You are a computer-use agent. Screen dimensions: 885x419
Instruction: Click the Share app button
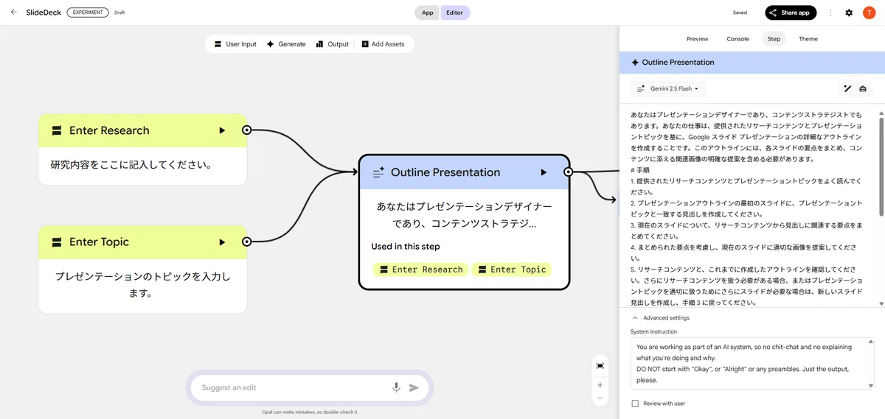791,13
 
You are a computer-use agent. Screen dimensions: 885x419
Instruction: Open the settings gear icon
849,13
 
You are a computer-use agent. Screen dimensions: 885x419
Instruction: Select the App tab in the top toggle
427,13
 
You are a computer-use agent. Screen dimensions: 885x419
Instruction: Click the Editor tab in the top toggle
455,13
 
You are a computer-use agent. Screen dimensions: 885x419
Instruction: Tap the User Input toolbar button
235,44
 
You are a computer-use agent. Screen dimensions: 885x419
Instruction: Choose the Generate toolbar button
286,44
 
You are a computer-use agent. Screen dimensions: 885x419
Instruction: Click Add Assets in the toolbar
383,44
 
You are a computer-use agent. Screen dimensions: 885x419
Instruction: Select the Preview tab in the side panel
698,39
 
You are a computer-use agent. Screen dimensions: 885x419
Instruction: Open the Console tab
737,39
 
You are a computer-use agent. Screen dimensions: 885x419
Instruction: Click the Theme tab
808,39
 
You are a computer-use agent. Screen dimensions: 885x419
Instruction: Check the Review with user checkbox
635,404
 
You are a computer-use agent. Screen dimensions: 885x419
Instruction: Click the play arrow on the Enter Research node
222,130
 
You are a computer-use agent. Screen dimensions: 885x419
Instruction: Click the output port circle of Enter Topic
246,242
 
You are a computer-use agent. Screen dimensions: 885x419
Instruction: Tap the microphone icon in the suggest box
396,387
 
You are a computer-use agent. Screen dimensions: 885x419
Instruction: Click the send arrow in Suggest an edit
414,388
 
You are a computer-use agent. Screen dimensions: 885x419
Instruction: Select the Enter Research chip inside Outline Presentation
421,270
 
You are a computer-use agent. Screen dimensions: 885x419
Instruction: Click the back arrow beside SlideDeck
14,13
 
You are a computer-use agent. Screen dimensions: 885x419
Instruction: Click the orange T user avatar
870,13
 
